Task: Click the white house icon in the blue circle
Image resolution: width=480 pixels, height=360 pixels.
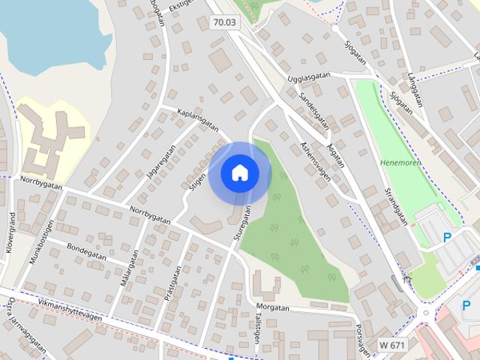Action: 239,172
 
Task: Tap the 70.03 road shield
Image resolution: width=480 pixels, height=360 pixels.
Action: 224,22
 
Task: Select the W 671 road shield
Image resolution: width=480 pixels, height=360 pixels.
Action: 391,344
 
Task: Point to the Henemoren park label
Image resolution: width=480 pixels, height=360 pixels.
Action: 400,163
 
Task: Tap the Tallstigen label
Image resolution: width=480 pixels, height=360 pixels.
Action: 257,328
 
